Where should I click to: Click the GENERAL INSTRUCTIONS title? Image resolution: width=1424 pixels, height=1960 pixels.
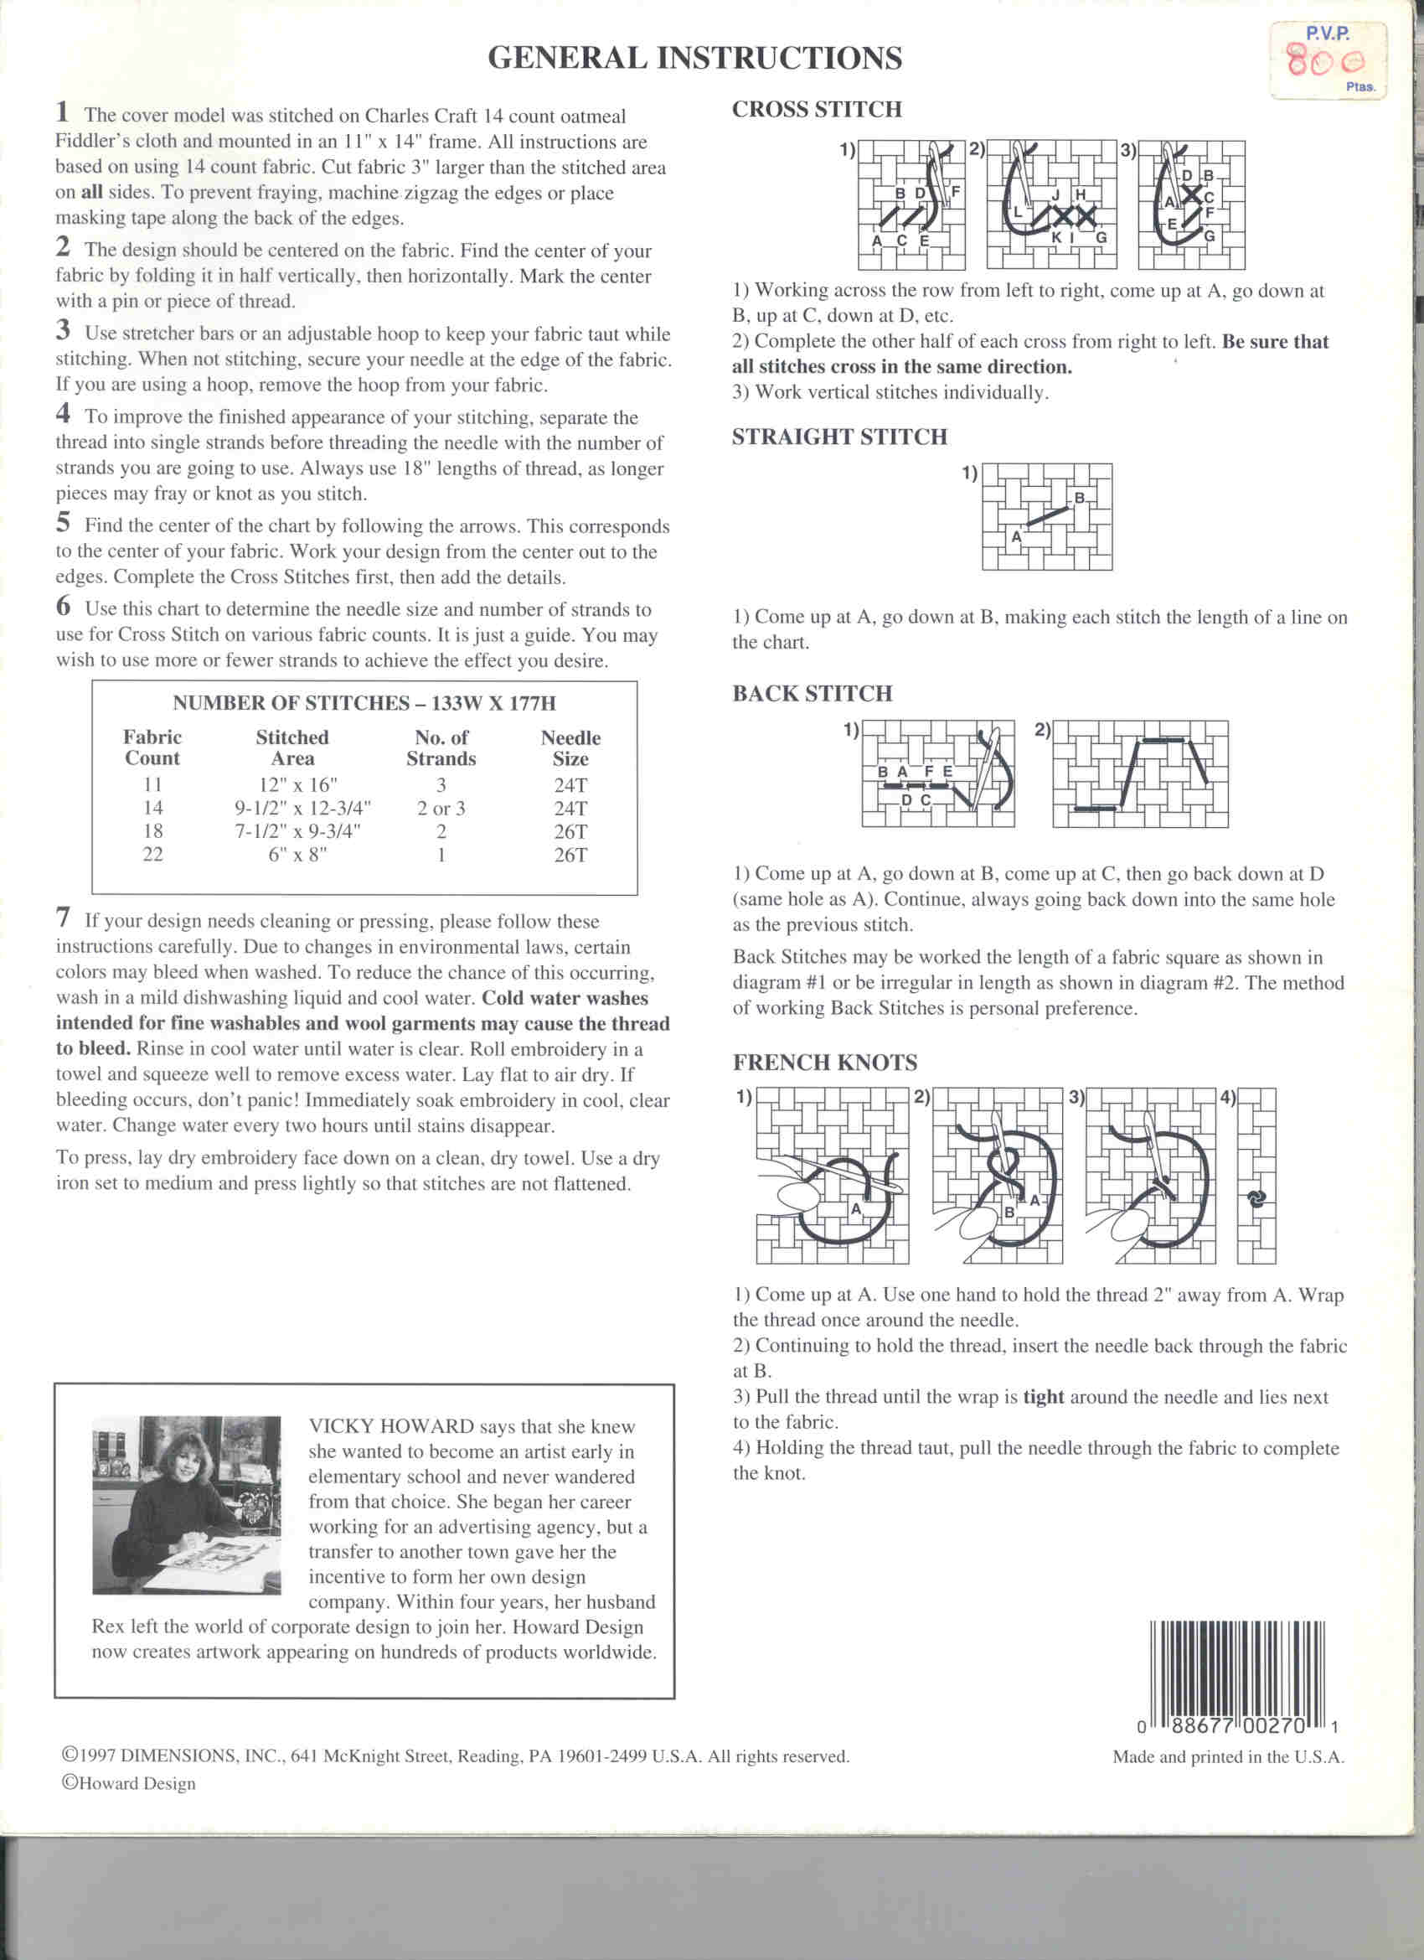point(694,59)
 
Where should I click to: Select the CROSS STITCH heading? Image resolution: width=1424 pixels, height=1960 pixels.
point(817,110)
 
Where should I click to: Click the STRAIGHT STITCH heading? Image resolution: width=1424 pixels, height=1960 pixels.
point(839,437)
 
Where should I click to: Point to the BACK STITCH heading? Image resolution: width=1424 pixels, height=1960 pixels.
point(812,694)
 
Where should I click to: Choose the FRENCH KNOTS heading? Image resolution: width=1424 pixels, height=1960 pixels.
point(824,1063)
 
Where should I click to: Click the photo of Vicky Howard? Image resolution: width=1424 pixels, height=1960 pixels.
point(186,1505)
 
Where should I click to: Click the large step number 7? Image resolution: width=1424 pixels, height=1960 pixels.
point(63,917)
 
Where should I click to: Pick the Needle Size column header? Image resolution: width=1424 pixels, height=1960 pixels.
point(570,748)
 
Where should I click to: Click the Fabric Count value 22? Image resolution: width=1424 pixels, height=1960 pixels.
point(153,855)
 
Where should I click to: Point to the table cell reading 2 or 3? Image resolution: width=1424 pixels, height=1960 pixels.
point(441,809)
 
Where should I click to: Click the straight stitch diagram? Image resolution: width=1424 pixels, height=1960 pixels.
point(1046,517)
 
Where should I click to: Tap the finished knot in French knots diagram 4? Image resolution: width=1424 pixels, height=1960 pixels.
point(1256,1197)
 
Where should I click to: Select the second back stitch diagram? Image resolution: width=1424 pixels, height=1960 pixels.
point(1140,774)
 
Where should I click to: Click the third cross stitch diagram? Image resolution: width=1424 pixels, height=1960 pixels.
point(1190,205)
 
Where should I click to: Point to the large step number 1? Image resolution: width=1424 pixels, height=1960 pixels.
point(62,112)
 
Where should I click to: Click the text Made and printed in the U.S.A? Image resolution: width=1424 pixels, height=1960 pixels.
point(1228,1757)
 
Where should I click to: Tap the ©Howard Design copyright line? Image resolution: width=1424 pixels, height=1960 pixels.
point(129,1784)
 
